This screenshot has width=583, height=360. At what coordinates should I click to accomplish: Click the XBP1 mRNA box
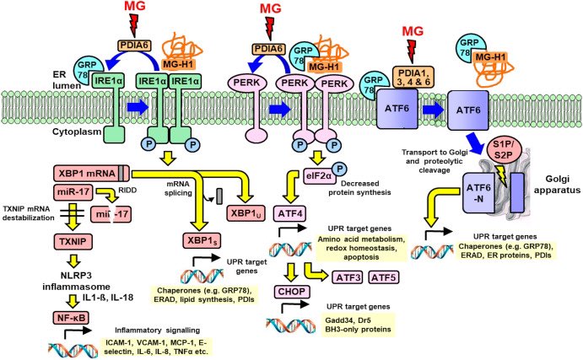pyautogui.click(x=91, y=174)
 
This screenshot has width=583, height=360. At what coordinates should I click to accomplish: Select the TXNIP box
pyautogui.click(x=73, y=242)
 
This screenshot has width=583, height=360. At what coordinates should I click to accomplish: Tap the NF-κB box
pyautogui.click(x=71, y=318)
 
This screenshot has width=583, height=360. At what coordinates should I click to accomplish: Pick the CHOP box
pyautogui.click(x=292, y=292)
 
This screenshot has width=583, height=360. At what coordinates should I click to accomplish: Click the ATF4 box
pyautogui.click(x=290, y=213)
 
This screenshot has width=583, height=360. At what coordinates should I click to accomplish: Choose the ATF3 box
pyautogui.click(x=348, y=277)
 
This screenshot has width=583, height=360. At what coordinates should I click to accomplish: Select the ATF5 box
pyautogui.click(x=383, y=277)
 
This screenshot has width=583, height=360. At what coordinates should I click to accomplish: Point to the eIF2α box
pyautogui.click(x=319, y=176)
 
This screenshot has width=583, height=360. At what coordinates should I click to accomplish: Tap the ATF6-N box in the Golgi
pyautogui.click(x=479, y=193)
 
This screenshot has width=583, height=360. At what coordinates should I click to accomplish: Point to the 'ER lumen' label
pyautogui.click(x=66, y=79)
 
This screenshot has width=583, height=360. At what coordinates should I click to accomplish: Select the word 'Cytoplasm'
pyautogui.click(x=77, y=132)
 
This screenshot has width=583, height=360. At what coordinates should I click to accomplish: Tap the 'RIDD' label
pyautogui.click(x=127, y=190)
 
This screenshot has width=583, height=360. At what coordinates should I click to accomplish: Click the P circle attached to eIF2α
pyautogui.click(x=339, y=169)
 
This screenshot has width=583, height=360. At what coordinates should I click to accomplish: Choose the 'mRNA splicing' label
pyautogui.click(x=179, y=188)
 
